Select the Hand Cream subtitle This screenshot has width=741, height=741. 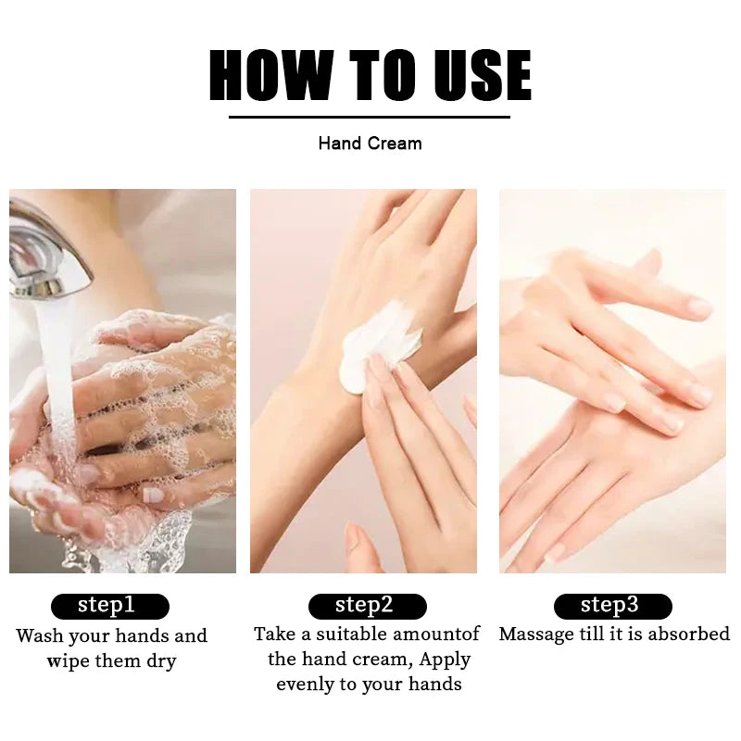[x=370, y=144]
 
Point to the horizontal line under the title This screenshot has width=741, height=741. [x=370, y=117]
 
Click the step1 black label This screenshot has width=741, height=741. [x=109, y=606]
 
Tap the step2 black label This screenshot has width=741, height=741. [x=367, y=606]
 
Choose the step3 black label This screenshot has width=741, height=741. [x=612, y=606]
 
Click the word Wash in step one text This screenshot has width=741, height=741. [x=41, y=636]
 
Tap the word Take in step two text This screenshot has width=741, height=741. [x=274, y=634]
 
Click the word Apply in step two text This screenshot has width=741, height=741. [x=445, y=659]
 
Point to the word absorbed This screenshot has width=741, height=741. [x=689, y=634]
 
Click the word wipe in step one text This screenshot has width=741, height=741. [x=69, y=661]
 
